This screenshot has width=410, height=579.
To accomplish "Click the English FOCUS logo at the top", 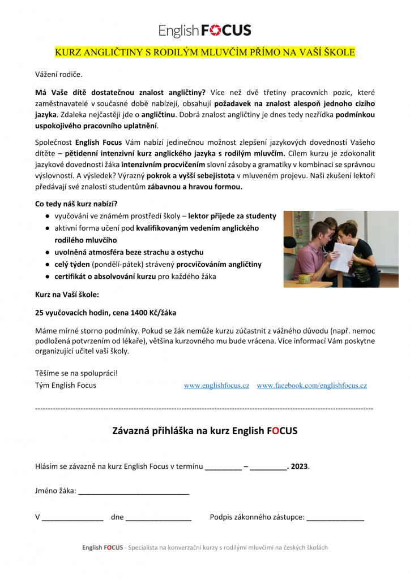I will (204, 30).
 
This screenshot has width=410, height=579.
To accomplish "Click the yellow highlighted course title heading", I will (204, 53).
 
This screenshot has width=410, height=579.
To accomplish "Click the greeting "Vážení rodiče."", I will (59, 74).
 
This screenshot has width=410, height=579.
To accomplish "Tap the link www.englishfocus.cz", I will (216, 386).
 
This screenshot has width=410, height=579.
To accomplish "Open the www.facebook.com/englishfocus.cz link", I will (311, 386).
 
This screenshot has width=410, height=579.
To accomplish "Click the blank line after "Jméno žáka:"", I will (134, 491).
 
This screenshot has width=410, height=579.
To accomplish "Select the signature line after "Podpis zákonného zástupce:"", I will (335, 517).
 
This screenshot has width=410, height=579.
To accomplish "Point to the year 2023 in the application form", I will (300, 466).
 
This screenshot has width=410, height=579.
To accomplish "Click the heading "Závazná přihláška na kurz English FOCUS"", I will (204, 431).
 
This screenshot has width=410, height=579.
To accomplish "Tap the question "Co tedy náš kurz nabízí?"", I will (76, 204).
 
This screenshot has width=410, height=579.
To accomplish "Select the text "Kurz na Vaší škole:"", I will (67, 294).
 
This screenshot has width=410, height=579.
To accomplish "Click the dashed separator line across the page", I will (204, 408).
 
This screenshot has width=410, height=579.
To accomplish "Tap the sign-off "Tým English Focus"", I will (66, 386).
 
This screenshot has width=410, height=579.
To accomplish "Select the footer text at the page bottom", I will (204, 547).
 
